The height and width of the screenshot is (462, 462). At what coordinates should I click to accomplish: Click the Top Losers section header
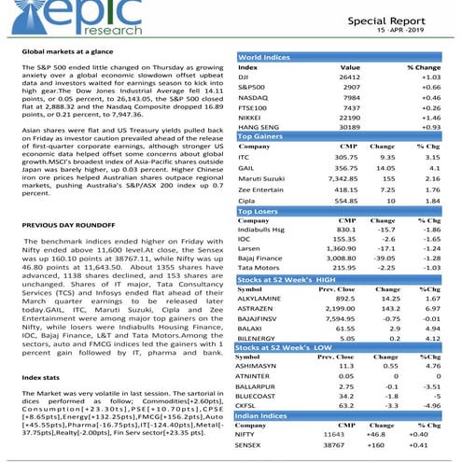[x=259, y=211]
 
